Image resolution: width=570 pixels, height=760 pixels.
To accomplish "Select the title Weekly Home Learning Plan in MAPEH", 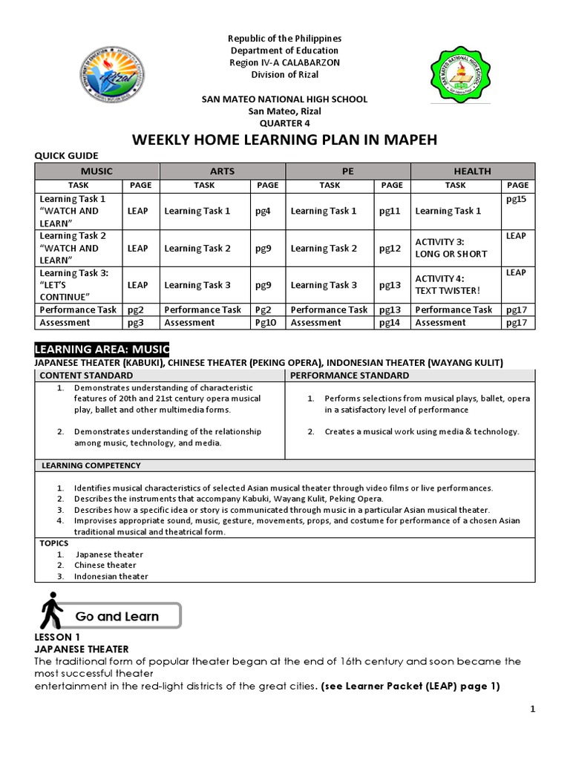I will tap(285, 141).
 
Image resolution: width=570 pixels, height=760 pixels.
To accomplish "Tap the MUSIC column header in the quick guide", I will tap(96, 171).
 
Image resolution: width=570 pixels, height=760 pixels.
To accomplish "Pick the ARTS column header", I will tap(222, 171).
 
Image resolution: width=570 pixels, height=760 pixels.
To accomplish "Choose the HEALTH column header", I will tap(473, 171).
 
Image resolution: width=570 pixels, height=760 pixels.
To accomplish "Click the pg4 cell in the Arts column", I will tap(263, 211).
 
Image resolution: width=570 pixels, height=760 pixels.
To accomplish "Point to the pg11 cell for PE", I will tap(390, 211).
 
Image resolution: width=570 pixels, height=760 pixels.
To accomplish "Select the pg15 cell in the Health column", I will tap(517, 199).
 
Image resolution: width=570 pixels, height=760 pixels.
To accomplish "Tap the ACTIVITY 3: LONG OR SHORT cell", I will tap(451, 248).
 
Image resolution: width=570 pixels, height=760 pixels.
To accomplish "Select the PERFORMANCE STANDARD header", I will tap(334, 376).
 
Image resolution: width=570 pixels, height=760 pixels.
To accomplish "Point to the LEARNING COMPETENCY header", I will tap(91, 465).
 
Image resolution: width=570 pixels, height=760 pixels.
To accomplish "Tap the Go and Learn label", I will tap(117, 617).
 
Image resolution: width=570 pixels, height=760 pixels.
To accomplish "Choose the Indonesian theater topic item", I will tap(111, 576).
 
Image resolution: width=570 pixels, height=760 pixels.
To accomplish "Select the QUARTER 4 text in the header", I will tap(285, 123).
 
